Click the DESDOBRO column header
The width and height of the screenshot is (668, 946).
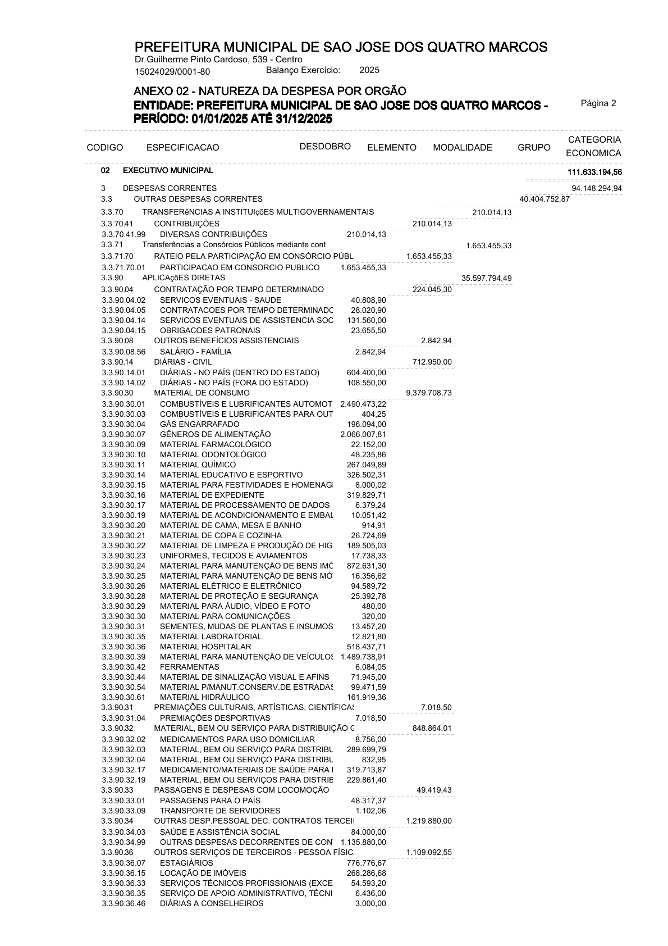click(325, 147)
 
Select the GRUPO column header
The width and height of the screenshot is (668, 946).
click(534, 148)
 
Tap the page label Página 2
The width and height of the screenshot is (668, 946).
click(598, 103)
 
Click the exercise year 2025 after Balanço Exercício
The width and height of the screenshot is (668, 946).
click(369, 70)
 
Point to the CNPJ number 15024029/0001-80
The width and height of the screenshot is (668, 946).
click(172, 71)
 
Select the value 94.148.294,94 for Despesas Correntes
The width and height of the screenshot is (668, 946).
click(596, 188)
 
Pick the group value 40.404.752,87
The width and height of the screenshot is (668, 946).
click(545, 199)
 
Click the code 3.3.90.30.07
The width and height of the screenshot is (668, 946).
click(123, 434)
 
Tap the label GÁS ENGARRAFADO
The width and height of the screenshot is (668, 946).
click(199, 424)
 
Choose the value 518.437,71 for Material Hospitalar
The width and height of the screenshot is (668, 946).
click(366, 647)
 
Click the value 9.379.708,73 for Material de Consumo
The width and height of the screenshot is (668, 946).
click(428, 393)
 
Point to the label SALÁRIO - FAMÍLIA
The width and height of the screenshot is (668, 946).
click(195, 352)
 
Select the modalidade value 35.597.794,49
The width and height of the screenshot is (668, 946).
click(486, 279)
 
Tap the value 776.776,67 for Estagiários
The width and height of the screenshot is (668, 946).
click(366, 863)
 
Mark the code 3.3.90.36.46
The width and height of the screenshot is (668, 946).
click(123, 903)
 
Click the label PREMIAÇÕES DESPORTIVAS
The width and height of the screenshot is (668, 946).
click(215, 718)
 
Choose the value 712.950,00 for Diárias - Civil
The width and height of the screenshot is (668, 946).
click(432, 362)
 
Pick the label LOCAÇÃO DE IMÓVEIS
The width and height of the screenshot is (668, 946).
click(203, 873)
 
